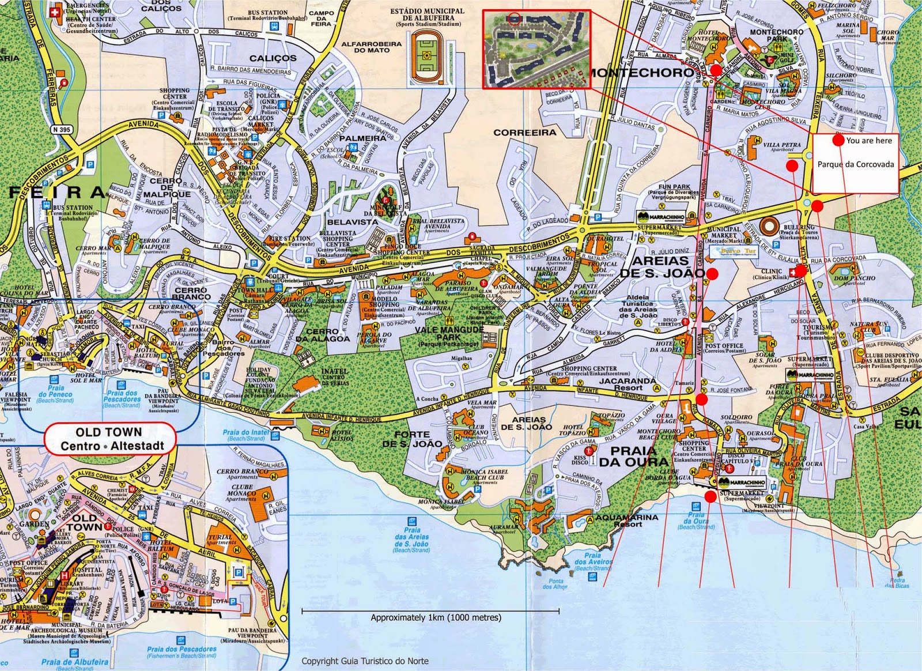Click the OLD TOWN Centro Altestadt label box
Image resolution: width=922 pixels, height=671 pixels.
point(109,439)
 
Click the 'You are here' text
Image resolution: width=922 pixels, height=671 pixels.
point(869,140)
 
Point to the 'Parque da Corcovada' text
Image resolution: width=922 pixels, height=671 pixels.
point(856,164)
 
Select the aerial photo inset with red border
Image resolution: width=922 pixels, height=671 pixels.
point(536,50)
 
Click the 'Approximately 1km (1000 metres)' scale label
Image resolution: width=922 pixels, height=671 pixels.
point(436,617)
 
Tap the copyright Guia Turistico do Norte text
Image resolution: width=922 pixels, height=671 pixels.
point(365,661)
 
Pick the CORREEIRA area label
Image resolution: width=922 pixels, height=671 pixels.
point(525,133)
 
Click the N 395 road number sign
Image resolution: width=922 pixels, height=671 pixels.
point(60,130)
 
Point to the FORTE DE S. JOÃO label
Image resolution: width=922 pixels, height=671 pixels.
point(413,439)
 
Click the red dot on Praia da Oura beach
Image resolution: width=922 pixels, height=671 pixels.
point(711,496)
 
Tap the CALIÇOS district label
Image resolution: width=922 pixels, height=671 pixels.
point(273,58)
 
